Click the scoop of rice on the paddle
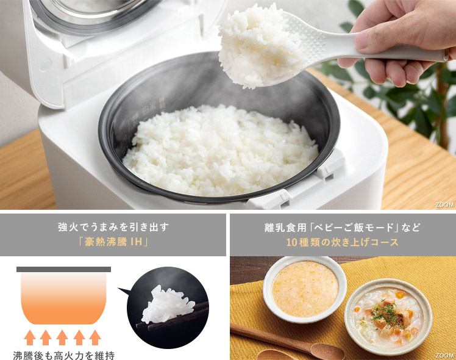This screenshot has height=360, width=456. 259,46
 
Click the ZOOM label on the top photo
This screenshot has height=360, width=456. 444,205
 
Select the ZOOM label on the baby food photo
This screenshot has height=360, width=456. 444,355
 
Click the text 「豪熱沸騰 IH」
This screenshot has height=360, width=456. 113,242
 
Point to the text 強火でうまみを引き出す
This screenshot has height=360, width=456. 113,227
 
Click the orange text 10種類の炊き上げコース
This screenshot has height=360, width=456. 342,242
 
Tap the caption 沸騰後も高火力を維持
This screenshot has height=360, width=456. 63,355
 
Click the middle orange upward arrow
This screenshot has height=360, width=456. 62,337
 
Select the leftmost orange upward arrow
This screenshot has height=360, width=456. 30,337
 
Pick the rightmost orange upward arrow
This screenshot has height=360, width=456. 95,337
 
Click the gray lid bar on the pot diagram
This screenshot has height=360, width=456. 63,269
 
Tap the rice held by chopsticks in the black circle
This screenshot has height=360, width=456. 166,306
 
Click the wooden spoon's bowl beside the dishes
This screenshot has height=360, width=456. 328,351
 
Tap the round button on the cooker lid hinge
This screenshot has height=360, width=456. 45,65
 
